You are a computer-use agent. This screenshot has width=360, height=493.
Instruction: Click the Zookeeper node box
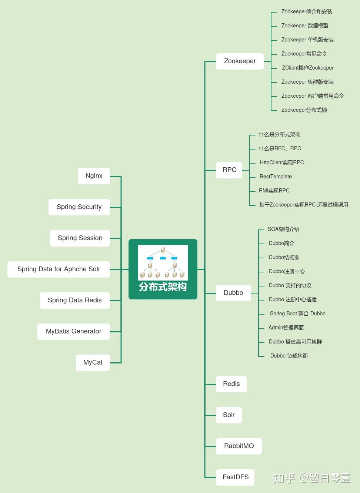(x=240, y=61)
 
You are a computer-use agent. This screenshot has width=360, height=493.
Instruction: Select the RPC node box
(x=229, y=170)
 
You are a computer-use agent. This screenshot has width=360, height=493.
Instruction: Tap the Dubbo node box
(x=233, y=293)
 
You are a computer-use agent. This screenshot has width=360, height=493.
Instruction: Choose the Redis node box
(x=231, y=384)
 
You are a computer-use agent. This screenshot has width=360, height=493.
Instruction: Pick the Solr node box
(x=229, y=415)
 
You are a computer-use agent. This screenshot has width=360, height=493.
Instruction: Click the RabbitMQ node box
(x=239, y=446)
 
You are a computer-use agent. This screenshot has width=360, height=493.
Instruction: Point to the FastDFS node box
(x=235, y=477)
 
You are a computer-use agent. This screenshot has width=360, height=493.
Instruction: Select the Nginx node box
(x=94, y=176)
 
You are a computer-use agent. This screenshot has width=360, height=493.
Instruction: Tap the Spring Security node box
(x=79, y=207)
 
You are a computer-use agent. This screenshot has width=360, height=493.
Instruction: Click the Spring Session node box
(x=80, y=238)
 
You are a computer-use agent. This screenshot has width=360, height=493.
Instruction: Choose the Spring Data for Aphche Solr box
(x=59, y=269)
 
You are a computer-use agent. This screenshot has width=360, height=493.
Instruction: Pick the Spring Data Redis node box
(x=74, y=301)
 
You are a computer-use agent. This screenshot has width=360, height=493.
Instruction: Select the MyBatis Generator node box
(x=73, y=332)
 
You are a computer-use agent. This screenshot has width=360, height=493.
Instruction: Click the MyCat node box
(x=93, y=363)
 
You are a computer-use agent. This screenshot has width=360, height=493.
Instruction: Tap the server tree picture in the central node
(x=163, y=262)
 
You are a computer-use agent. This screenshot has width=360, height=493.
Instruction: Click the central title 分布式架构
(x=163, y=287)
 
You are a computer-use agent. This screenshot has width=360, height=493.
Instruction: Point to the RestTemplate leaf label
(x=276, y=177)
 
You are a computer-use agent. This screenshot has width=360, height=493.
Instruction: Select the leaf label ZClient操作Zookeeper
(x=308, y=68)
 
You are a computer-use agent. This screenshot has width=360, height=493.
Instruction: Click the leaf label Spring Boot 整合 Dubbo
(x=297, y=313)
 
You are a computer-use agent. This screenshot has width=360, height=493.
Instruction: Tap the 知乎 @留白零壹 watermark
(x=311, y=478)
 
